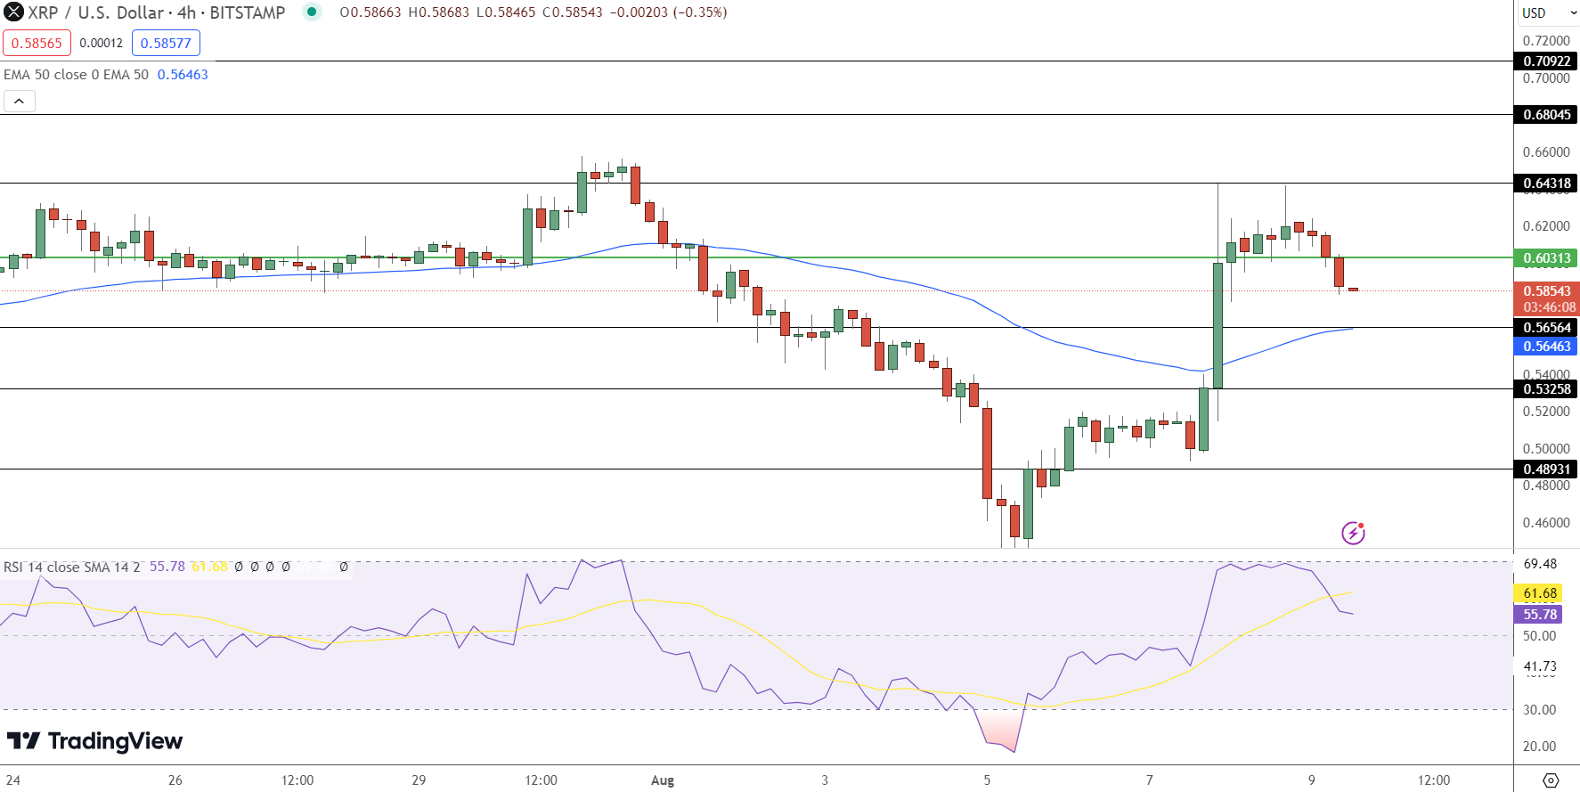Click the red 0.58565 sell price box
tap(37, 43)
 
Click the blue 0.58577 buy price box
tap(166, 43)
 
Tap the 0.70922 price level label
tap(1546, 61)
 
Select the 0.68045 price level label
tap(1546, 115)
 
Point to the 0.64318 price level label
tap(1546, 184)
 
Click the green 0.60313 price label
tap(1546, 258)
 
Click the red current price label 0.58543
tap(1546, 291)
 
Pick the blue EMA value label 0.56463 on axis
tap(1546, 347)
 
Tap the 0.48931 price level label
tap(1546, 469)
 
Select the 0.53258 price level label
tap(1546, 389)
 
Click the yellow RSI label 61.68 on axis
tap(1539, 593)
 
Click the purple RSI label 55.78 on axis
tap(1539, 615)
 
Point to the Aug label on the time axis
tap(663, 780)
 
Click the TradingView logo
tap(95, 741)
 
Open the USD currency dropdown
tap(1546, 12)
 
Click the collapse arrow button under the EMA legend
tap(20, 102)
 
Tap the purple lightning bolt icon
tap(1353, 533)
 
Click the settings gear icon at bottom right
tap(1551, 780)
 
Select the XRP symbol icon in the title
tap(13, 12)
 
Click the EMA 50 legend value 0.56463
tap(183, 75)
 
